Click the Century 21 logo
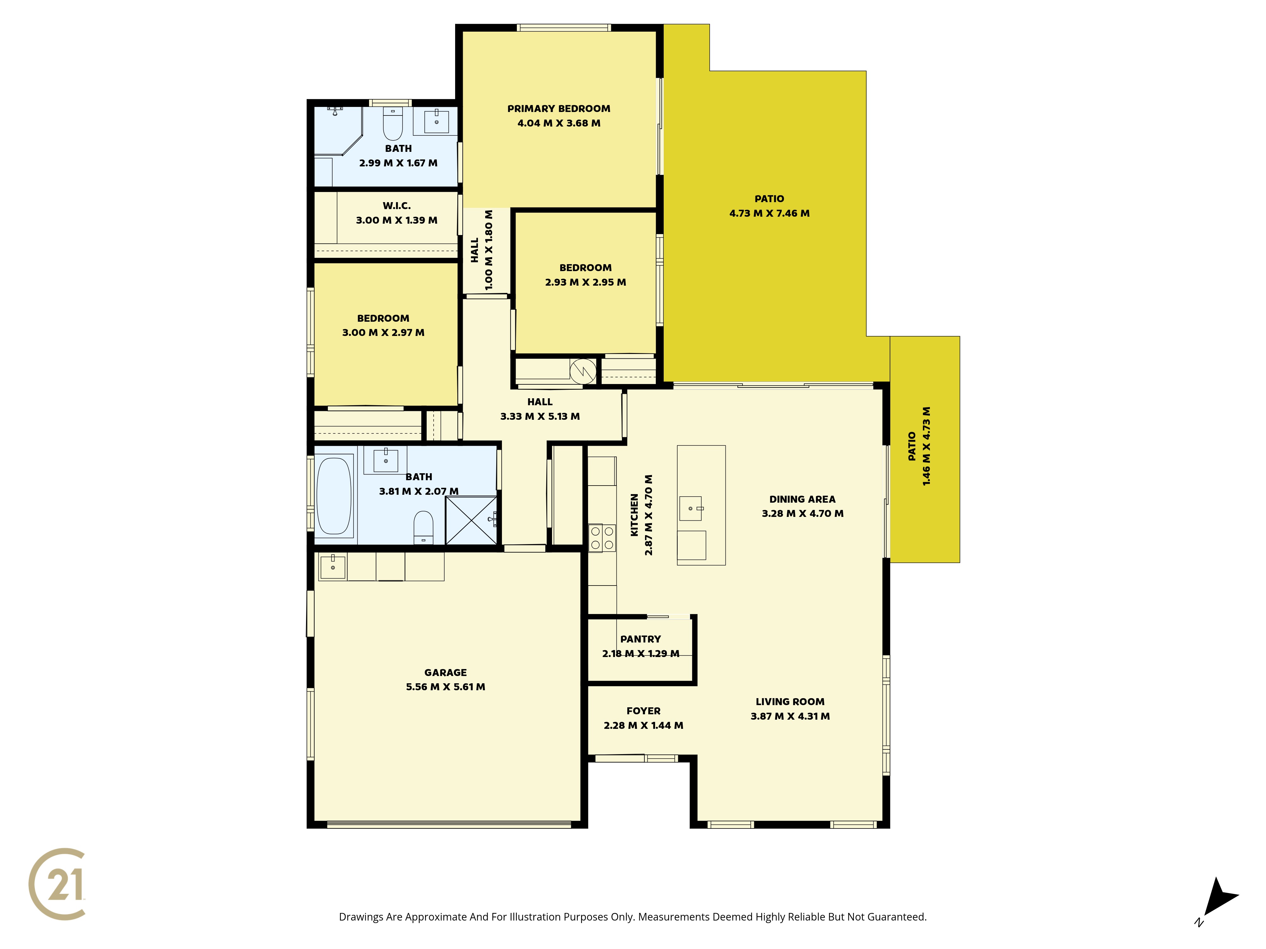coord(57,884)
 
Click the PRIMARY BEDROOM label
coord(559,109)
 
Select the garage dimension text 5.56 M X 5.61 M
coord(445,687)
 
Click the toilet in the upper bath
coord(393,124)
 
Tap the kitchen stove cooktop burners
coord(602,538)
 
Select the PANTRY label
coord(641,640)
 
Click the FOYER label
coord(643,711)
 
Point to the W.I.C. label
coord(397,206)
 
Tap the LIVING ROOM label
coord(790,702)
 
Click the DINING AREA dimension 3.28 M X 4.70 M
coord(802,514)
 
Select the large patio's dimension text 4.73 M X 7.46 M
coord(769,214)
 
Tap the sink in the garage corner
coord(333,567)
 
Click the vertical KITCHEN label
coord(634,515)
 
